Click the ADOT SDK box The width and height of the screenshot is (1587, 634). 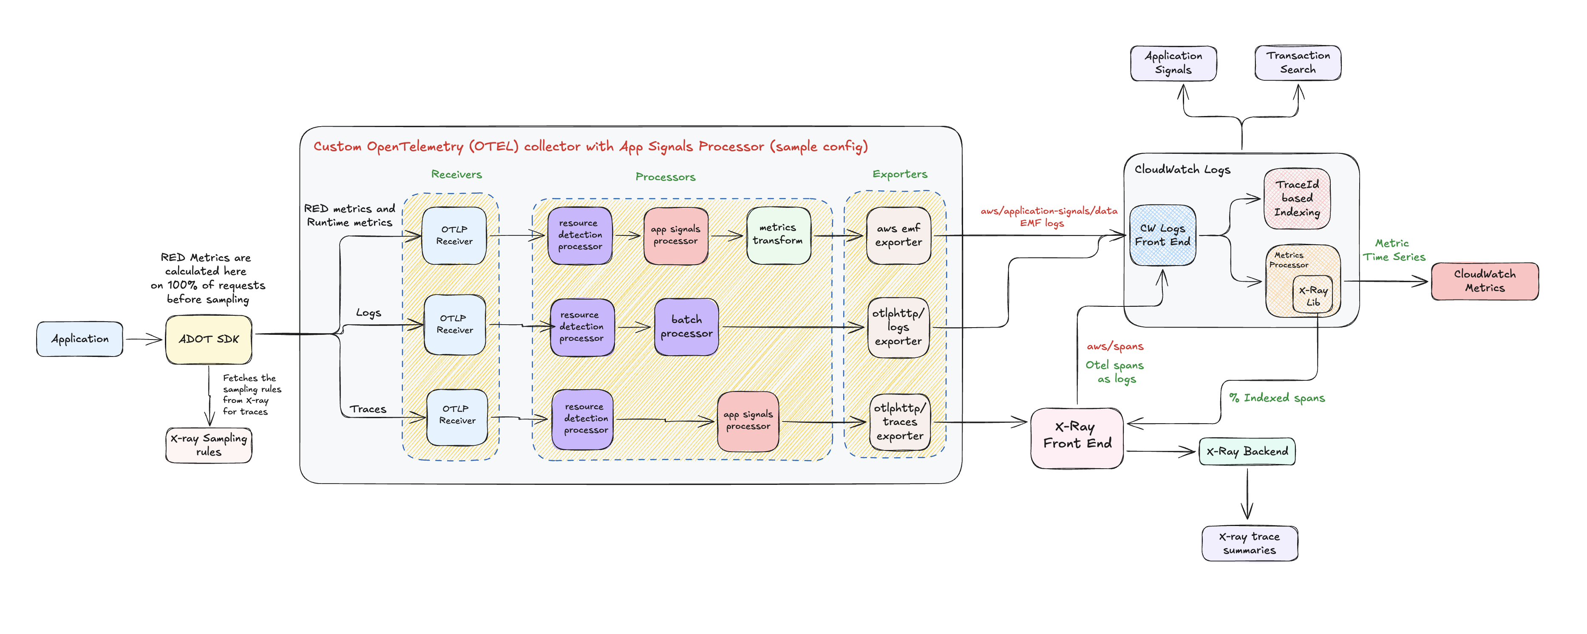coord(208,340)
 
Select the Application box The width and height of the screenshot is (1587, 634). coord(79,339)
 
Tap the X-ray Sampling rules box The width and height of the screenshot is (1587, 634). coord(208,445)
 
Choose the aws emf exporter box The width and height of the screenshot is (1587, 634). coord(898,235)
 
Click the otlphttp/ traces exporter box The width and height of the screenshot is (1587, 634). coord(899,422)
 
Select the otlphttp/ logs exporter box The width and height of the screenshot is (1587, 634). coord(898,327)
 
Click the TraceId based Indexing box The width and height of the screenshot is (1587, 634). coord(1297,198)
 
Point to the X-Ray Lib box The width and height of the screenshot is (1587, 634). coord(1313,296)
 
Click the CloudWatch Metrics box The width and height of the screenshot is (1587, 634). coord(1484,281)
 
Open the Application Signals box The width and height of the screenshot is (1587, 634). coord(1173,63)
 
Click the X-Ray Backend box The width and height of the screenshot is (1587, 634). coord(1247,452)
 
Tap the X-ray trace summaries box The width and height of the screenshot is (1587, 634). coord(1250,543)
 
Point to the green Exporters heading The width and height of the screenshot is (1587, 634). coord(899,174)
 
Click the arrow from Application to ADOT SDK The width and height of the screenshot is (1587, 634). coord(144,339)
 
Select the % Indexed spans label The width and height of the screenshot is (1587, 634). coord(1276,398)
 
